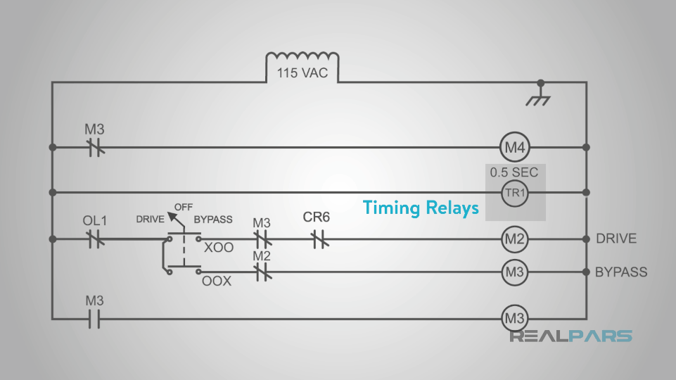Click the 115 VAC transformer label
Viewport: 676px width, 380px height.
(x=302, y=72)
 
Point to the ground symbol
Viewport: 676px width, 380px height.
(x=540, y=96)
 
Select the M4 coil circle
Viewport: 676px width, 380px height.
(x=514, y=148)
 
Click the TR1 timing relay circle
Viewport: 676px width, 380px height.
(x=514, y=192)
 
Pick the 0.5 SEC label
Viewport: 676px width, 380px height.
(x=514, y=172)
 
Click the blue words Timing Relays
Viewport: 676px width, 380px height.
(x=421, y=208)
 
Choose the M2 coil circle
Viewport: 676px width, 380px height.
(x=514, y=239)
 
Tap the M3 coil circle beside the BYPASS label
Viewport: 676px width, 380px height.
(x=514, y=272)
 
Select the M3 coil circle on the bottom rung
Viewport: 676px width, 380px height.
(x=514, y=319)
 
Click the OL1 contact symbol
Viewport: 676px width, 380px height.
(x=95, y=239)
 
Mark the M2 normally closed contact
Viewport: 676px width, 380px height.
(x=262, y=272)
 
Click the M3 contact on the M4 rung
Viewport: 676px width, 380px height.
(x=95, y=148)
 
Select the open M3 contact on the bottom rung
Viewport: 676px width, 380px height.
(x=95, y=319)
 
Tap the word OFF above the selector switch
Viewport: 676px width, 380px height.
(x=184, y=207)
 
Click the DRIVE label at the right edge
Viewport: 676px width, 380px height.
(x=616, y=239)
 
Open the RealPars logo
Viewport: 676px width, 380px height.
(x=570, y=336)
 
